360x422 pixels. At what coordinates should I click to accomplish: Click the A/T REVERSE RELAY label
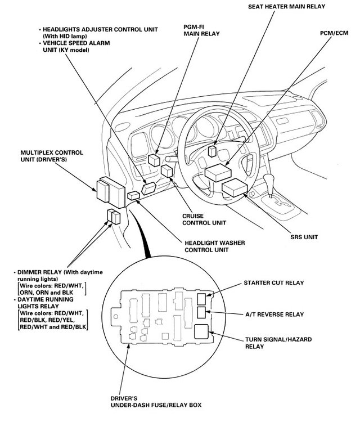click(274, 314)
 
